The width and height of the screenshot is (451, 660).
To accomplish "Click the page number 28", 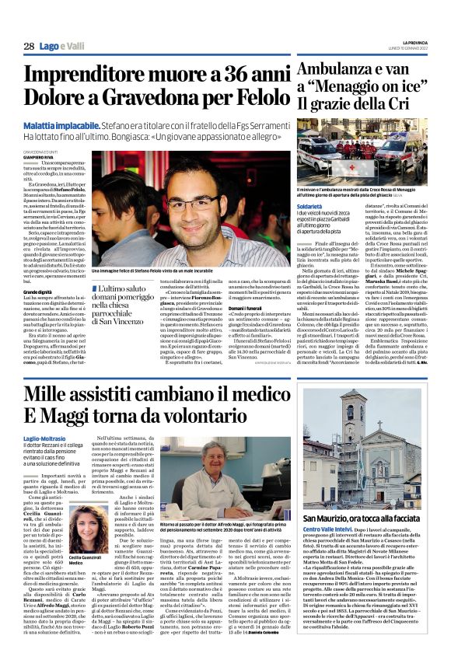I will pos(29,47).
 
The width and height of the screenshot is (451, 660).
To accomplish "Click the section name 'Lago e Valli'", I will pos(62,47).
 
